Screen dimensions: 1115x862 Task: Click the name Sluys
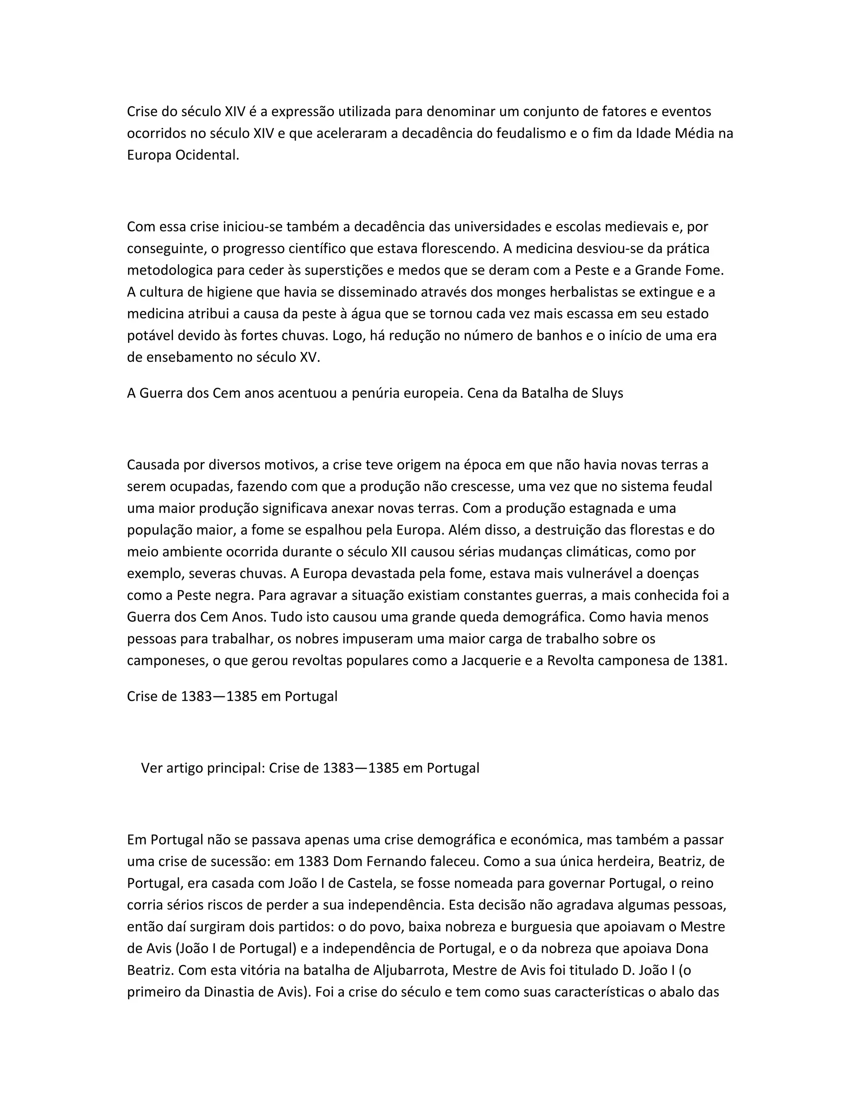(607, 393)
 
